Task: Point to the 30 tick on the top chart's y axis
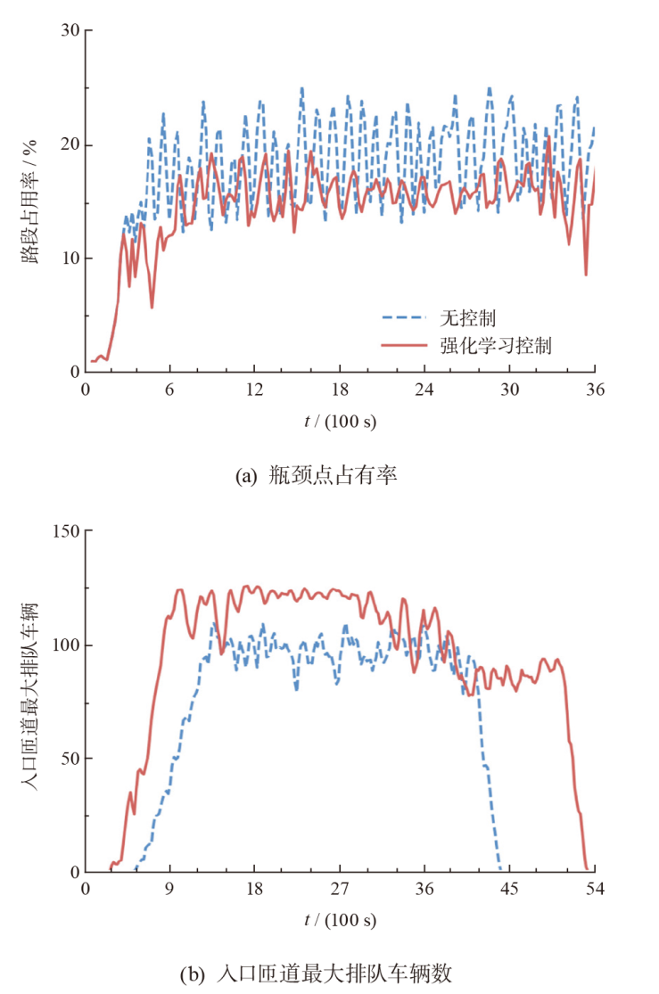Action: point(70,30)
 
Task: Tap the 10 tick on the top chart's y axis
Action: point(70,259)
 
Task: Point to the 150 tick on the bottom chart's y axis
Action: point(65,531)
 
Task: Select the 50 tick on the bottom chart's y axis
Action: point(70,759)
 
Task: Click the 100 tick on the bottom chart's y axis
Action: point(65,645)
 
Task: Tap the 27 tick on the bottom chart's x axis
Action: point(340,890)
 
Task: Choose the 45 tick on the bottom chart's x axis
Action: point(510,890)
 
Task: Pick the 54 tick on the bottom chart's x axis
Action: point(595,890)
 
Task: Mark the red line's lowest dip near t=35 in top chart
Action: point(586,274)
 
